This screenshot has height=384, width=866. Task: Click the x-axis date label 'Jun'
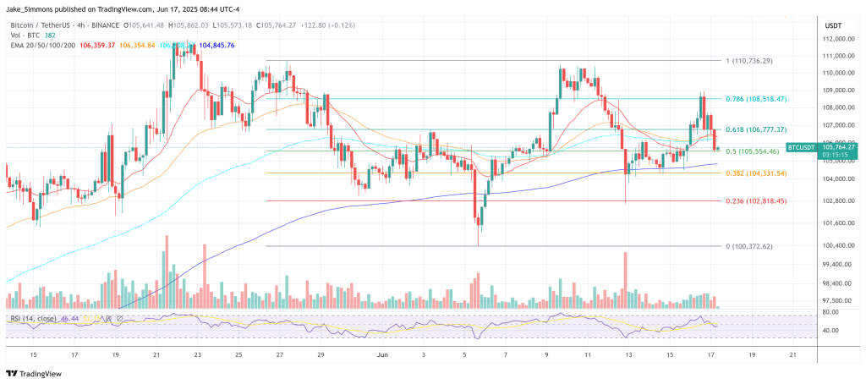pyautogui.click(x=381, y=354)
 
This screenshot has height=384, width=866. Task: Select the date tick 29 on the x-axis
pyautogui.click(x=321, y=354)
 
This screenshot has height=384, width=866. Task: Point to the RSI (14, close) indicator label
pyautogui.click(x=35, y=318)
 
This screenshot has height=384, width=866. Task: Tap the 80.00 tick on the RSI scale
pyautogui.click(x=830, y=312)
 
